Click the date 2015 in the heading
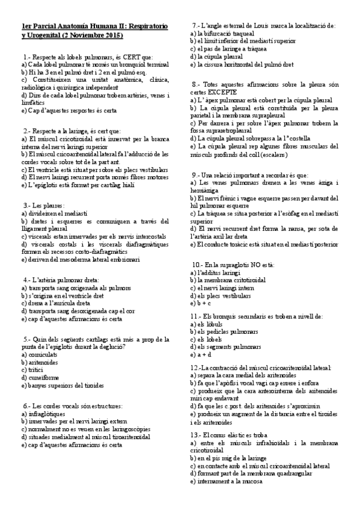point(112,35)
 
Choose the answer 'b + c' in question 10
point(200,304)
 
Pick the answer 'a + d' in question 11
point(200,355)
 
